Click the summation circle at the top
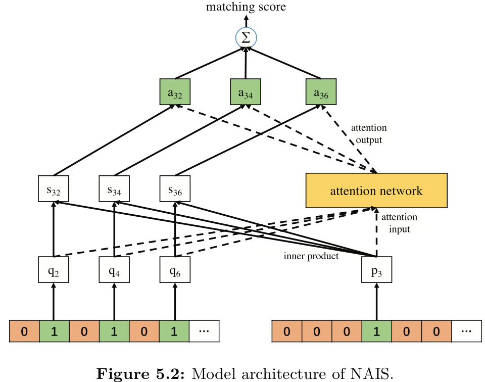246,37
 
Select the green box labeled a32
175,92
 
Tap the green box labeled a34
246,92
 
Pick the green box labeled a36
321,92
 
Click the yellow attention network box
376,190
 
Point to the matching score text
246,7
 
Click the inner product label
311,256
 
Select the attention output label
369,134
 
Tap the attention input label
399,223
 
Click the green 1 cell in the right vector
376,331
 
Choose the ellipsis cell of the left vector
205,331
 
